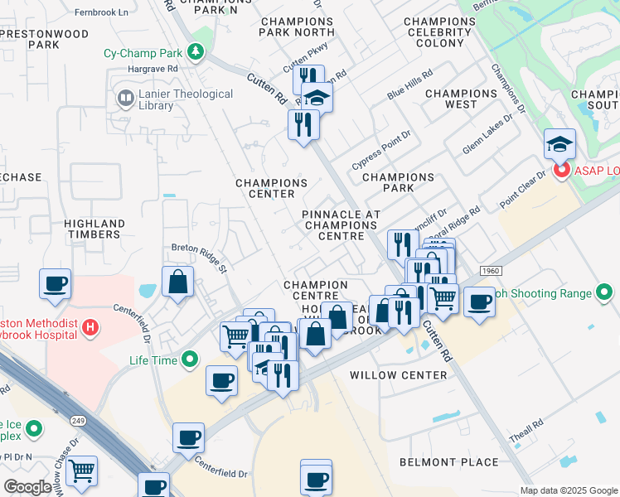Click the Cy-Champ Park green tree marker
196,53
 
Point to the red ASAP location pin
561,171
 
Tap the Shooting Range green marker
604,292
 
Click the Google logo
28,487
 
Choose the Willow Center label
398,375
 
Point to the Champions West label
461,99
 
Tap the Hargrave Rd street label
153,70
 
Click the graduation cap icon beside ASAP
559,143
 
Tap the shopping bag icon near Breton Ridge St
177,282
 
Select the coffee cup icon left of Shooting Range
478,302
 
